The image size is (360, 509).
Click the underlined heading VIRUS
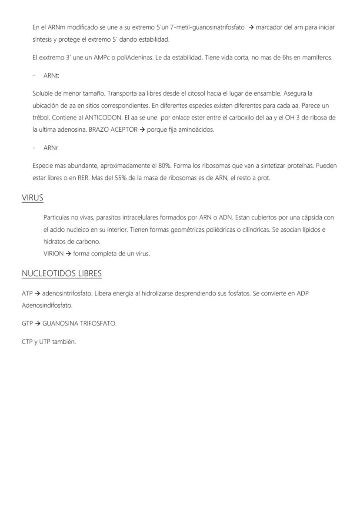pos(33,198)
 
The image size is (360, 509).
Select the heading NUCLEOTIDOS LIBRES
pos(62,273)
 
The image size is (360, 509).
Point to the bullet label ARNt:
pos(51,76)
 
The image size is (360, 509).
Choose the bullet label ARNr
pos(50,148)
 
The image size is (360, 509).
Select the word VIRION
pos(53,253)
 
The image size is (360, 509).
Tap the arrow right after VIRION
pos(68,253)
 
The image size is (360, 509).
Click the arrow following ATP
pos(37,293)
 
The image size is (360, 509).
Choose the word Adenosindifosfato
pos(47,306)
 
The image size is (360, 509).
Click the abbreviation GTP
pos(27,323)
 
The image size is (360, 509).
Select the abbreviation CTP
pos(27,342)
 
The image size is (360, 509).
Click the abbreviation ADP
pos(303,293)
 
